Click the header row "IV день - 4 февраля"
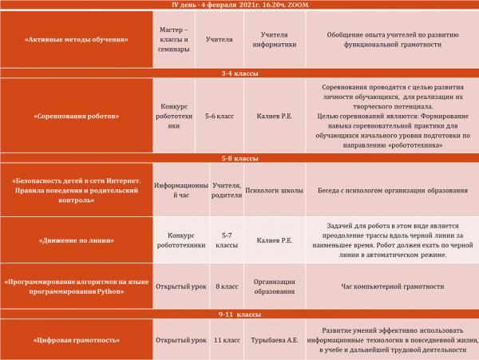(239, 5)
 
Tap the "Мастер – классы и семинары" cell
(175, 38)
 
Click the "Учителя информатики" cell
(274, 38)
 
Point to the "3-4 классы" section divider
(239, 73)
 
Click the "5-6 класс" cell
(219, 116)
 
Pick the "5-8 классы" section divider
(239, 159)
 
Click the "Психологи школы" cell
(274, 191)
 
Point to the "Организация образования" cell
(274, 287)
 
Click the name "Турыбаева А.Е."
(274, 340)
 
